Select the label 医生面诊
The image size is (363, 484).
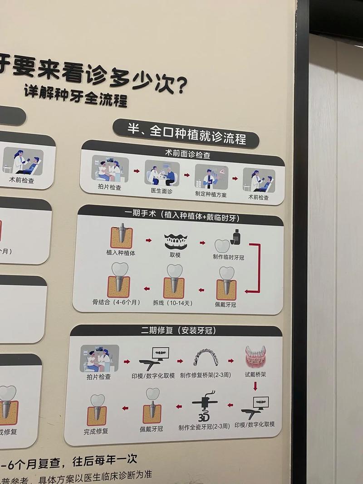162,191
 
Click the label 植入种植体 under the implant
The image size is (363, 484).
121,253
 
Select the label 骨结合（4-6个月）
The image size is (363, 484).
117,302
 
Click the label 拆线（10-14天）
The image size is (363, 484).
172,303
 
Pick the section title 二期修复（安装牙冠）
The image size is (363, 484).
178,331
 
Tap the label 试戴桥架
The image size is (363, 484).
255,375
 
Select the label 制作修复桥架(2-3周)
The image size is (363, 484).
205,375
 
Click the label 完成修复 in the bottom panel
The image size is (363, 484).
96,431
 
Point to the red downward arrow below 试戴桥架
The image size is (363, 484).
255,386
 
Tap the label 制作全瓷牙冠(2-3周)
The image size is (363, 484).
204,427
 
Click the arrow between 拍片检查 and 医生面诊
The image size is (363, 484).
136,171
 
